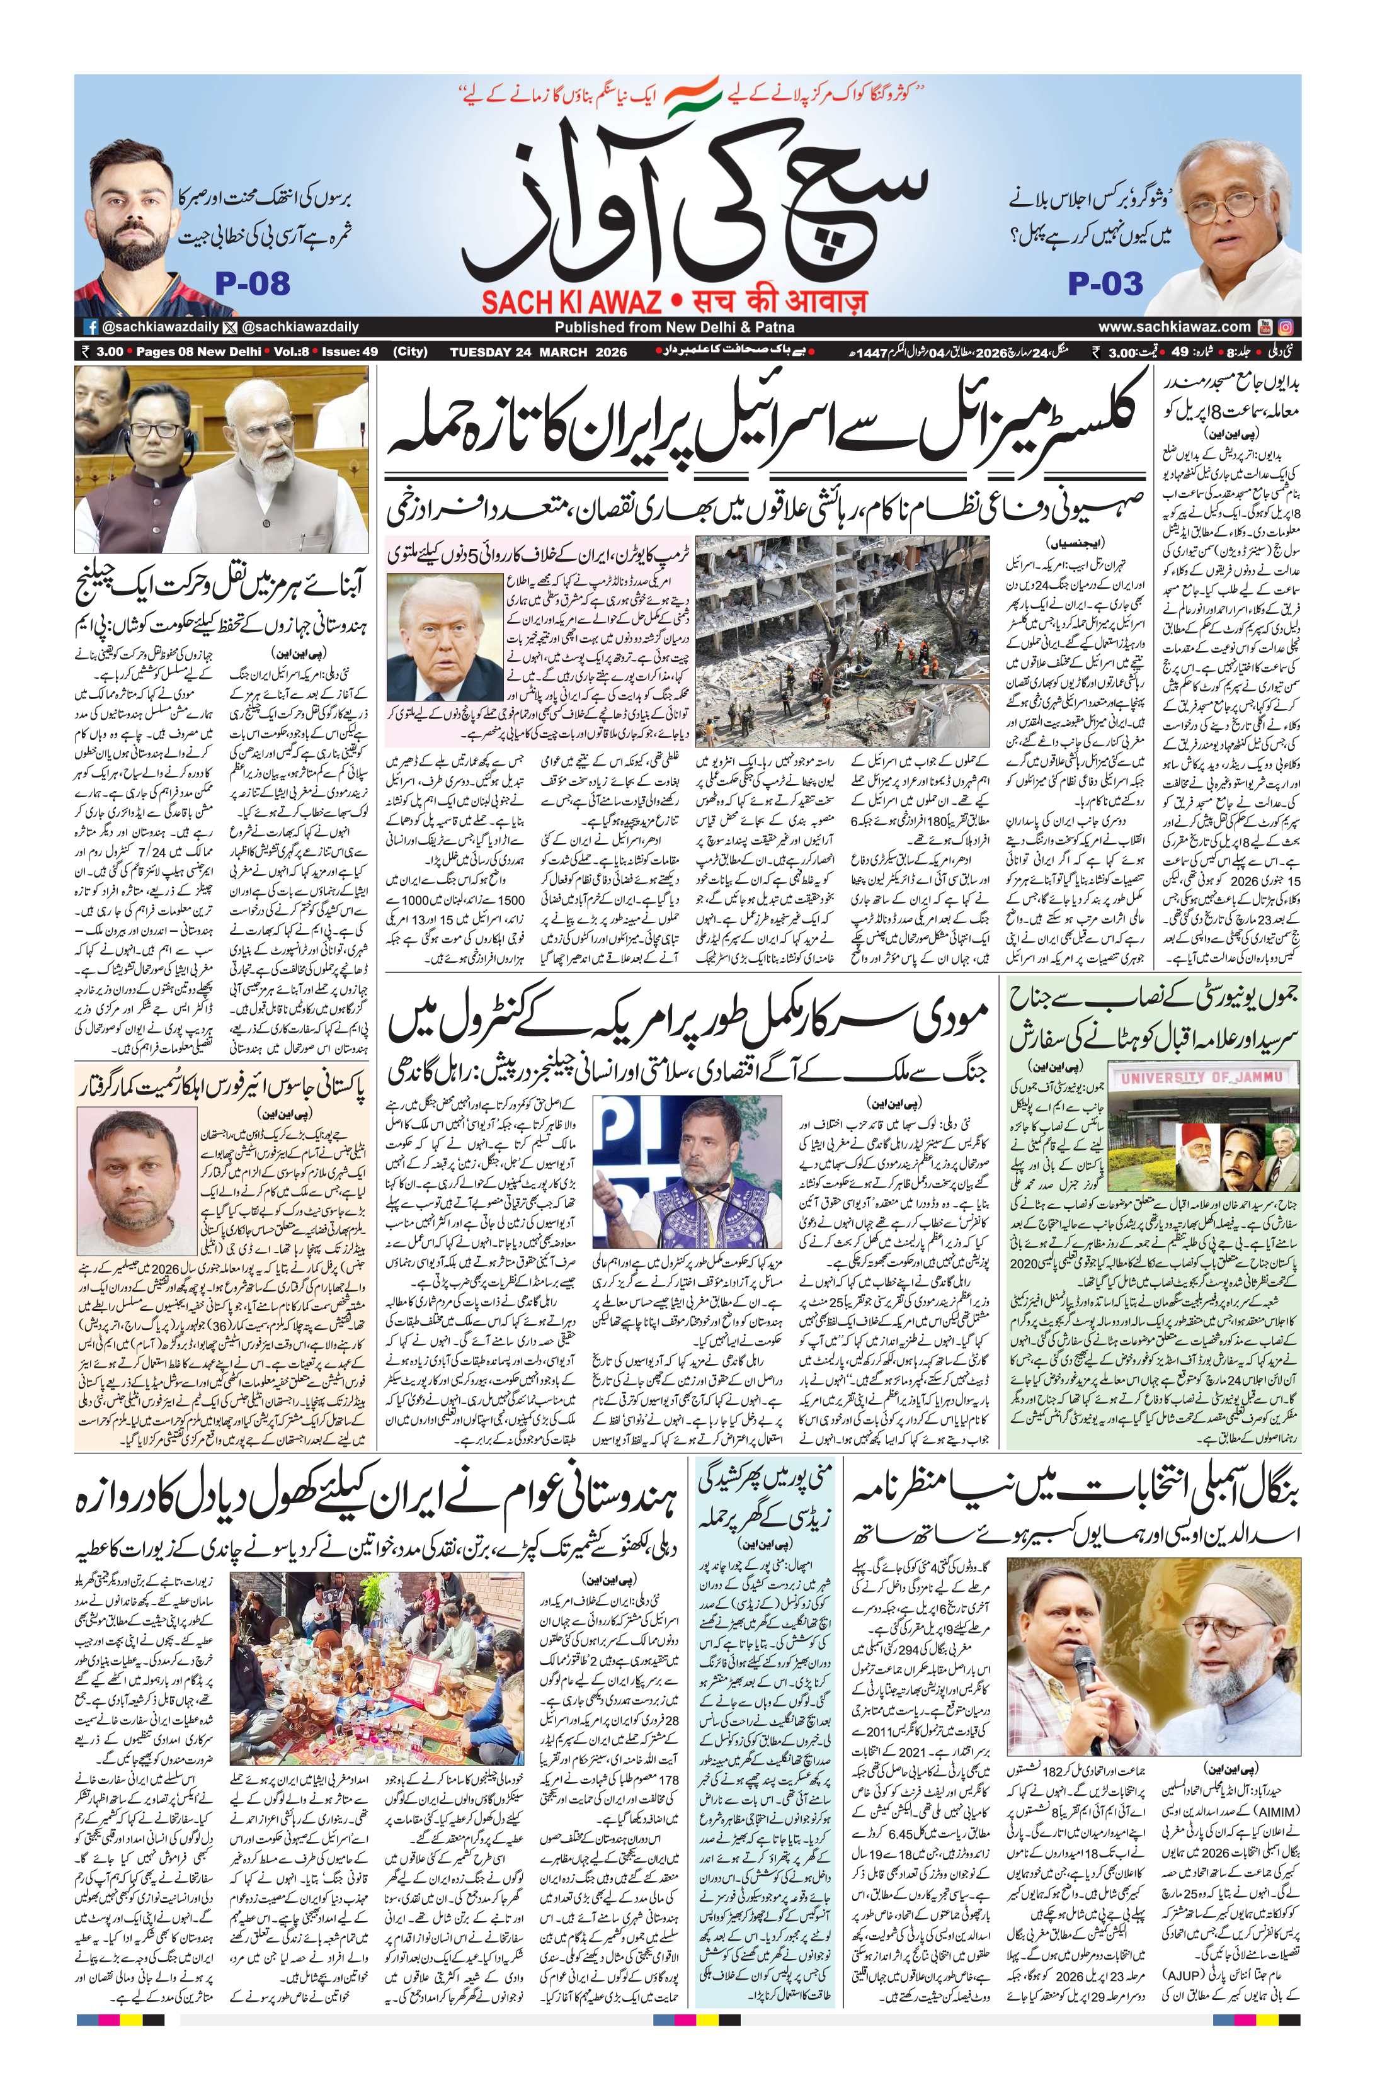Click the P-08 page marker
click(253, 284)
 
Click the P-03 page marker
click(1105, 284)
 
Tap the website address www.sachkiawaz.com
click(1174, 326)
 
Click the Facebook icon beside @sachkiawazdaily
click(90, 326)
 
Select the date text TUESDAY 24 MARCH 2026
click(539, 352)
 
